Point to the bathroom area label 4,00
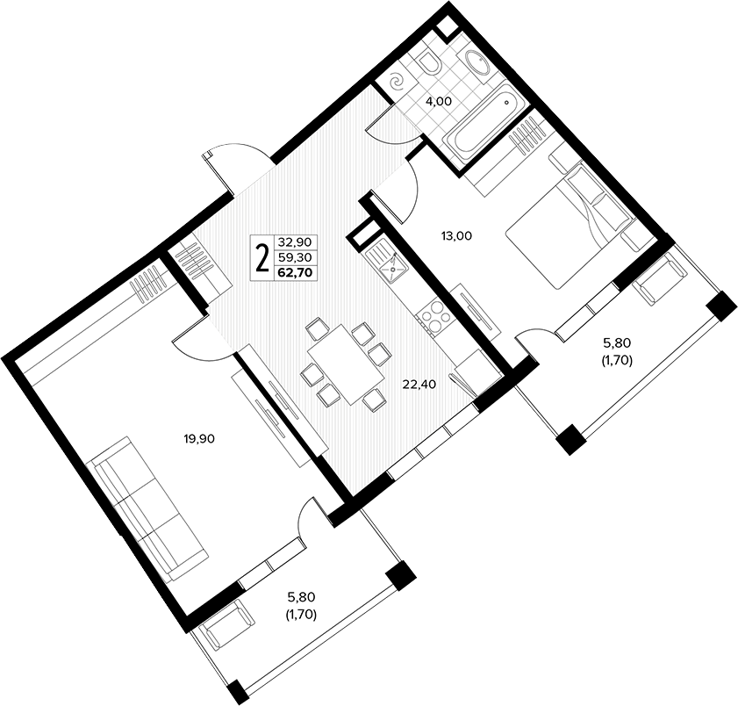438,101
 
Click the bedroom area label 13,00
456,235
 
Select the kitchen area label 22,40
419,385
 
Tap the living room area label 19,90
198,438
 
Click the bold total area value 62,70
297,272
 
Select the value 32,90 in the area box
295,242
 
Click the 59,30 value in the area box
295,257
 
